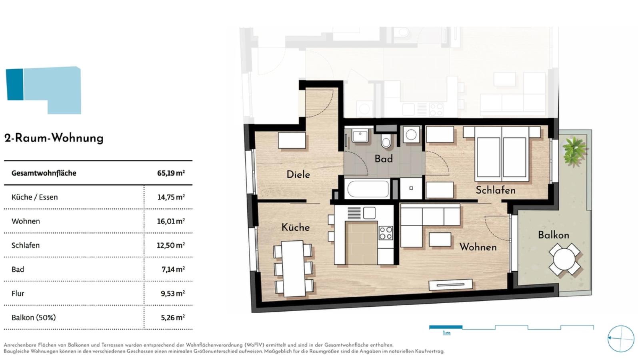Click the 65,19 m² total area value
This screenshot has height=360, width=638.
(x=171, y=173)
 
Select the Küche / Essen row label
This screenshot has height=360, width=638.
(x=34, y=197)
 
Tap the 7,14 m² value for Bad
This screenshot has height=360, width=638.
(x=173, y=269)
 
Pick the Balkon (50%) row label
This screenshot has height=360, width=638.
(x=34, y=317)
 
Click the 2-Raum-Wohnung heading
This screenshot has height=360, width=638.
(x=54, y=138)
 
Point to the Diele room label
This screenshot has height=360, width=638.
(x=298, y=174)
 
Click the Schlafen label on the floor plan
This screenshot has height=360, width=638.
(x=496, y=190)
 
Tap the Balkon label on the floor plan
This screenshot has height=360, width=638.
(x=554, y=235)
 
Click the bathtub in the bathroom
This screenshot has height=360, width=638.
(x=368, y=188)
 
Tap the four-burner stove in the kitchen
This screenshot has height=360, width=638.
(x=386, y=233)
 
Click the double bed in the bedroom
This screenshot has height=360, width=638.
(x=502, y=154)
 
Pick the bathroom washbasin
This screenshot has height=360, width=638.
(x=360, y=135)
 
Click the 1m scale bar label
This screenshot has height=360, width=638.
(x=446, y=333)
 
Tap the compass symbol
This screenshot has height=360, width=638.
(x=621, y=339)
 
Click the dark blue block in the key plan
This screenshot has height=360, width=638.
(x=14, y=84)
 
